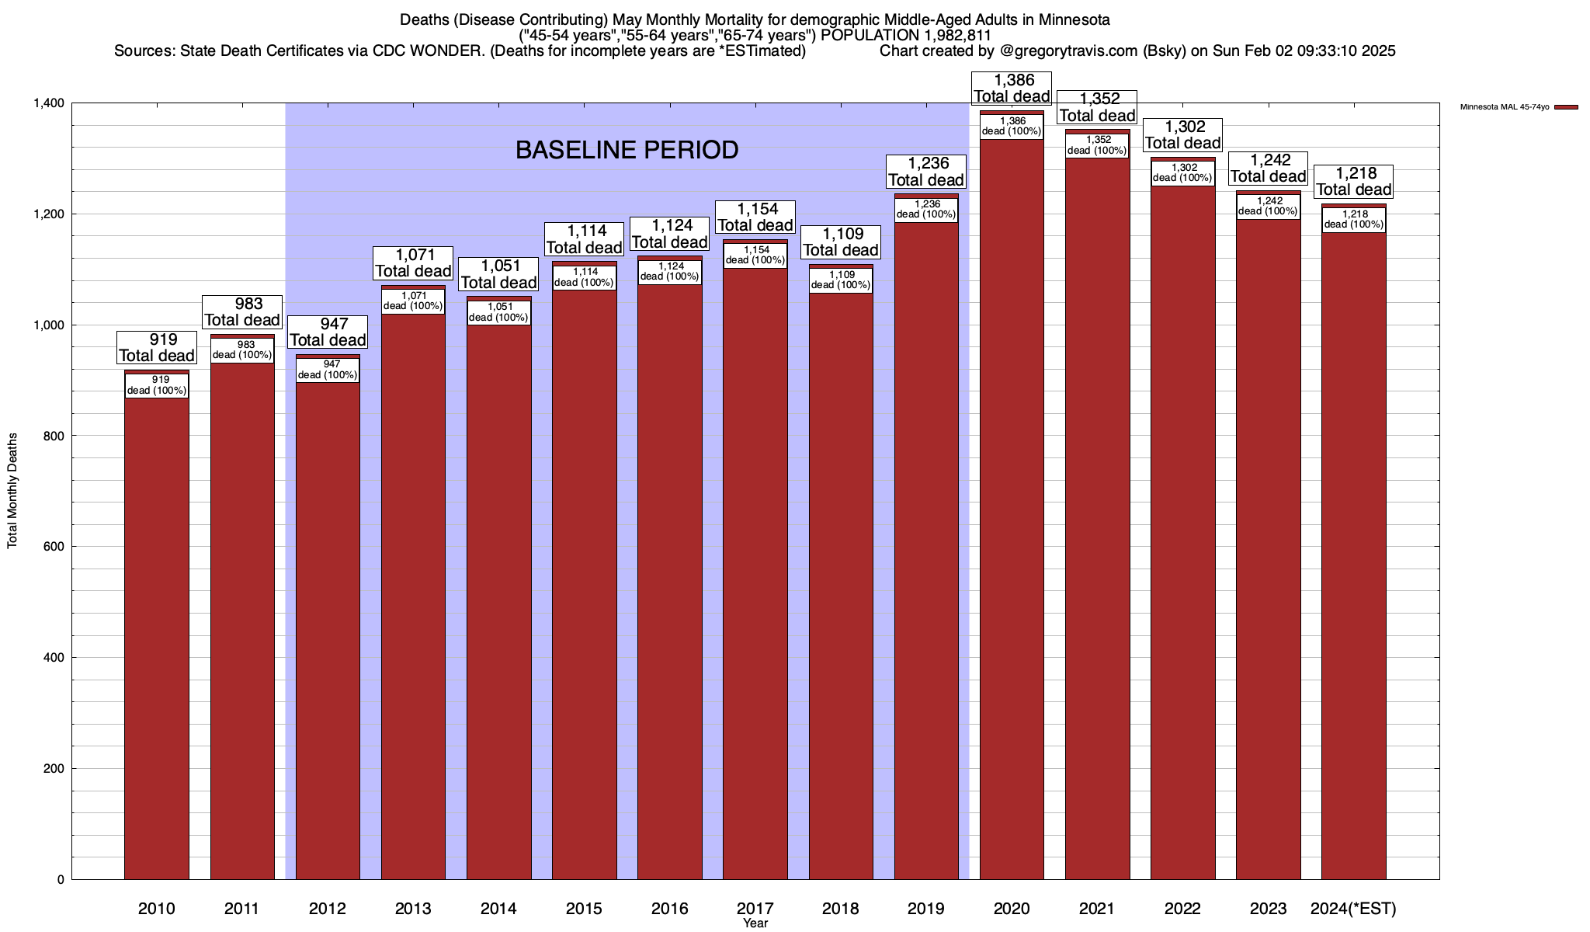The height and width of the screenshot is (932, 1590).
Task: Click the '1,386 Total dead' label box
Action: pyautogui.click(x=1012, y=88)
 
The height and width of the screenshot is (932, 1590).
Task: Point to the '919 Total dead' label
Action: pyautogui.click(x=157, y=347)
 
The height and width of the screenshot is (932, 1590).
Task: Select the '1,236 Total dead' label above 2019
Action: pyautogui.click(x=926, y=172)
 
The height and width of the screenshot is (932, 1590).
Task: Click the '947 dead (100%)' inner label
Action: pyautogui.click(x=328, y=370)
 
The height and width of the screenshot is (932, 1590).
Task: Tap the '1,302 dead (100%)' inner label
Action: pyautogui.click(x=1182, y=172)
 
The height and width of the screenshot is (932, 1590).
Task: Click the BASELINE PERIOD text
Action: pyautogui.click(x=627, y=150)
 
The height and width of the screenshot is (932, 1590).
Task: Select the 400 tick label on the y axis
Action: pyautogui.click(x=54, y=658)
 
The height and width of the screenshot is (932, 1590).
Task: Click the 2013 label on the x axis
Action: pyautogui.click(x=413, y=909)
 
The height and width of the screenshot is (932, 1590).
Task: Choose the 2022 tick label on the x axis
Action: pyautogui.click(x=1182, y=909)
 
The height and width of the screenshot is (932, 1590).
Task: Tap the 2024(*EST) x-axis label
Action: pyautogui.click(x=1353, y=909)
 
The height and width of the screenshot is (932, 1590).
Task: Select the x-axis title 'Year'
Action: pyautogui.click(x=755, y=923)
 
